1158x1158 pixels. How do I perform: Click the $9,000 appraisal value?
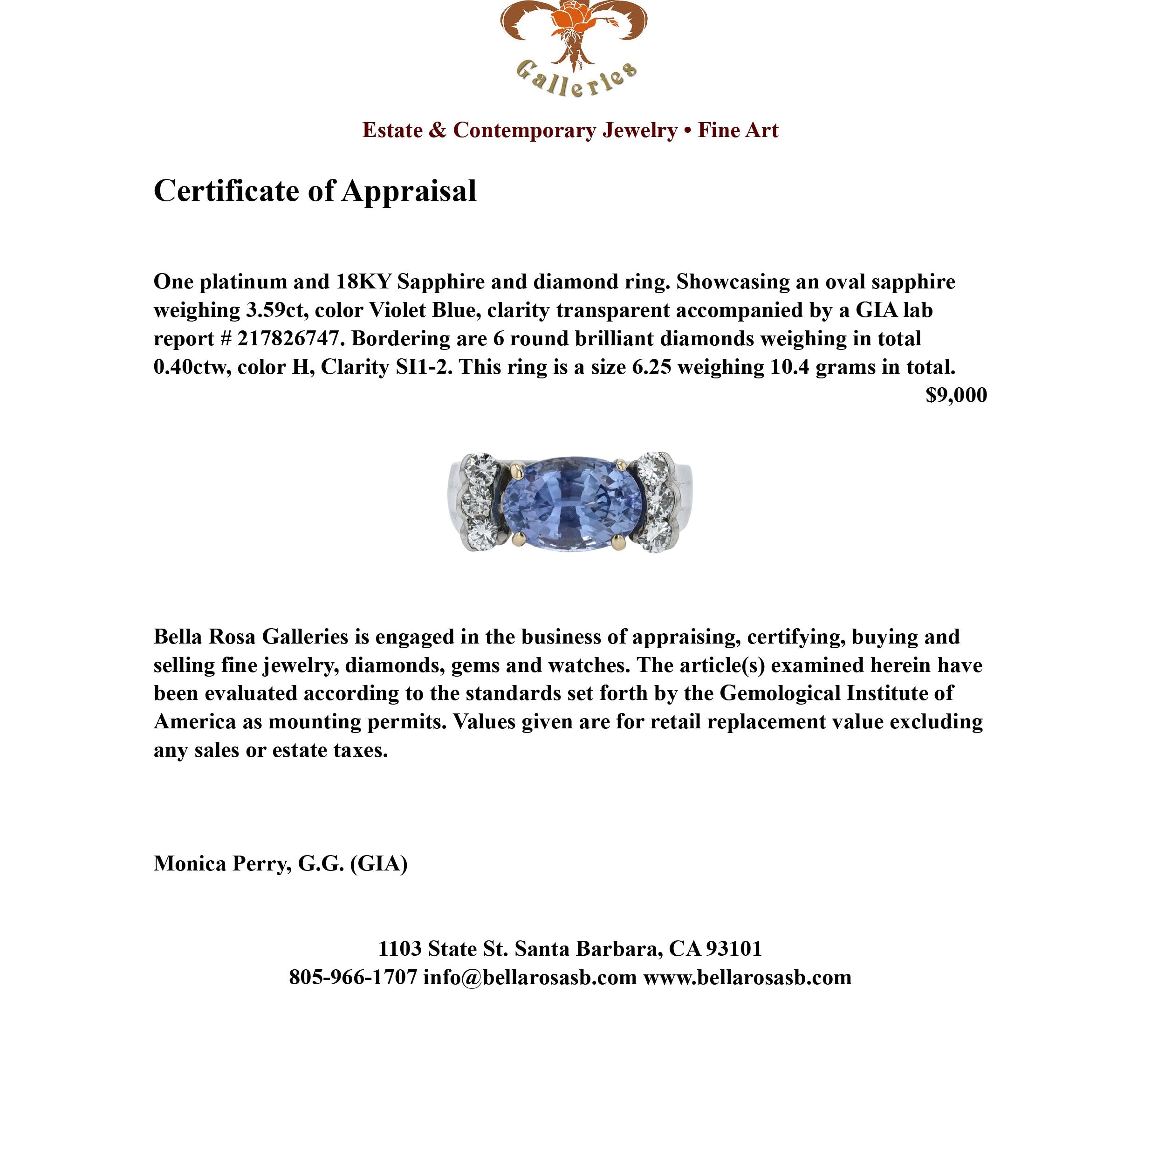956,395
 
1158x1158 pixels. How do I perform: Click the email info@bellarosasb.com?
530,977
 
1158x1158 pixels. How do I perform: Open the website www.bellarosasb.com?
747,977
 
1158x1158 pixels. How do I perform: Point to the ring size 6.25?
651,367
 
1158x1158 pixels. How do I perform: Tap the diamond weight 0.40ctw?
192,367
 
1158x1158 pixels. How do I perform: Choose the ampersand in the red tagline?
438,130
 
